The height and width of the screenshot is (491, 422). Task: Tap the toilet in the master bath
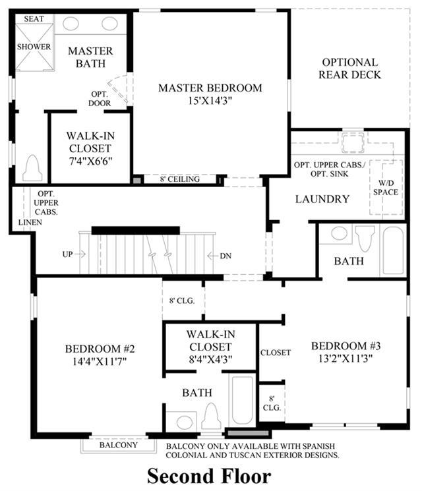[32, 168]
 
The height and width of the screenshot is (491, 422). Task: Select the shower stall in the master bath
[34, 47]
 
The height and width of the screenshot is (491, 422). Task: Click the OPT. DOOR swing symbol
[119, 89]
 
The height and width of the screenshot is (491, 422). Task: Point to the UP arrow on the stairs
[80, 254]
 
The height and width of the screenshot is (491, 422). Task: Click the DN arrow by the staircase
[213, 256]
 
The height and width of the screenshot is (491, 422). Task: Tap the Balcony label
[119, 445]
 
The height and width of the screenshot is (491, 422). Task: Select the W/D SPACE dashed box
[386, 187]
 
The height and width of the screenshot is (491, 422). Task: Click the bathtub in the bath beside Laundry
[393, 250]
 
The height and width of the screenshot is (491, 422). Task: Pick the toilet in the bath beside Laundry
[365, 238]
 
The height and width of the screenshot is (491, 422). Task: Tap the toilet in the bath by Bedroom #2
[211, 417]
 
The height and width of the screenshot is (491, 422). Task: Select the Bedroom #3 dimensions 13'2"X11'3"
[346, 359]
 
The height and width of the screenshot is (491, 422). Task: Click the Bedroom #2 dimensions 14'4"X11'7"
[100, 361]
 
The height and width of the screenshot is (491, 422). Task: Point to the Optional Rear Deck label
[349, 69]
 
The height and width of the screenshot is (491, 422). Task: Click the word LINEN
[30, 222]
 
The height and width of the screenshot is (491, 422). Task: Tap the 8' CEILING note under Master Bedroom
[179, 179]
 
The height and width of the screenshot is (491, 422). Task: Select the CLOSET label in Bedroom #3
[276, 353]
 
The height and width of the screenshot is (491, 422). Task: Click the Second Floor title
[209, 476]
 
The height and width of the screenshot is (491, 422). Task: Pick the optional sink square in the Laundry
[353, 142]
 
